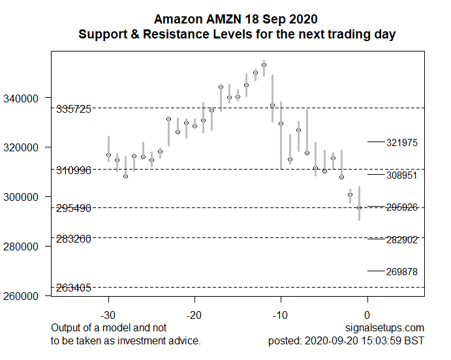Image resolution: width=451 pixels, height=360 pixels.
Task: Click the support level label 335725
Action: tap(74, 109)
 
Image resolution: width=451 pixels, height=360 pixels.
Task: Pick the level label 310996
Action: tap(74, 171)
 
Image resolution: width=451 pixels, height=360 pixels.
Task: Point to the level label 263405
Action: tap(74, 288)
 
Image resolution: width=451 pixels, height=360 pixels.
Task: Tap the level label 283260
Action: tap(74, 239)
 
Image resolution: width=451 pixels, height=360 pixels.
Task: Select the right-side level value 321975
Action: tap(401, 142)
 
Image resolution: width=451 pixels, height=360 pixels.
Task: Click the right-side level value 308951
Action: tap(401, 175)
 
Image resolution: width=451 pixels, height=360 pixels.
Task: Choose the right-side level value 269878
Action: tap(401, 271)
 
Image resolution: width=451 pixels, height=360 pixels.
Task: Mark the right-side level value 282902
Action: tap(401, 240)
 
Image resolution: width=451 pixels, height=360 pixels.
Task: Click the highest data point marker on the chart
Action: tap(264, 65)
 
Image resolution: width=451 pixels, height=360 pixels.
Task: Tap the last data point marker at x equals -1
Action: tap(359, 207)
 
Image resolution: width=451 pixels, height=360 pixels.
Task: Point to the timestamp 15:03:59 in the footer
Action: tap(385, 340)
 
